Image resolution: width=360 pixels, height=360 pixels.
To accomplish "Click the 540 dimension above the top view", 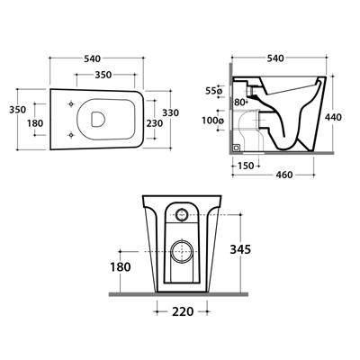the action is (92, 59).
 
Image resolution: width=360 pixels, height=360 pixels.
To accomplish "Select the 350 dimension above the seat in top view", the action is (103, 75).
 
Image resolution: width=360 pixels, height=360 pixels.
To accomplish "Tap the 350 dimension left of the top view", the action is (18, 110).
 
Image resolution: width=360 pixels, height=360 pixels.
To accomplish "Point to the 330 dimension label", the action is (170, 112).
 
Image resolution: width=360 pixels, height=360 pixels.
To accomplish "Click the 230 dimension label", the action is (155, 123).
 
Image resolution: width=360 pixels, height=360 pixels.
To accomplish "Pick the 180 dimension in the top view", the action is (35, 123).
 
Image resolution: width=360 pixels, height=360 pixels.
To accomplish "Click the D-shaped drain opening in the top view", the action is (97, 119).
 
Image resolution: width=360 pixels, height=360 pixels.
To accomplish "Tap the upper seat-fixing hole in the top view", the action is (71, 103).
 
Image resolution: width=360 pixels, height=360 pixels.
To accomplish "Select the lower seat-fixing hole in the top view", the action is (71, 135).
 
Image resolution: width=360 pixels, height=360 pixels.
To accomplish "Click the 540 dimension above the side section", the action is (275, 58).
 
